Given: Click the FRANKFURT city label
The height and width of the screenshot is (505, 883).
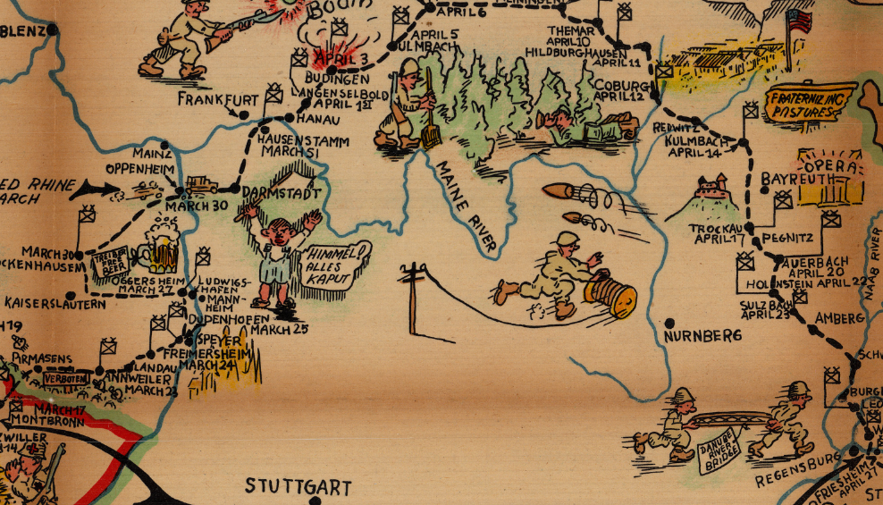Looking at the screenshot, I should [217, 98].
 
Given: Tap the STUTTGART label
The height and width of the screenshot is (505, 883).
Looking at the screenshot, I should [299, 487].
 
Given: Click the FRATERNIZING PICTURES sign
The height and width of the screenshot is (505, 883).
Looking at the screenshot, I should [809, 101].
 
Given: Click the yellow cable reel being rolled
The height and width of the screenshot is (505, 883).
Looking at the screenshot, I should [612, 296].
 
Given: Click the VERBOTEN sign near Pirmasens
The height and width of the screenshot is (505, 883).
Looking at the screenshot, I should [65, 377].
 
